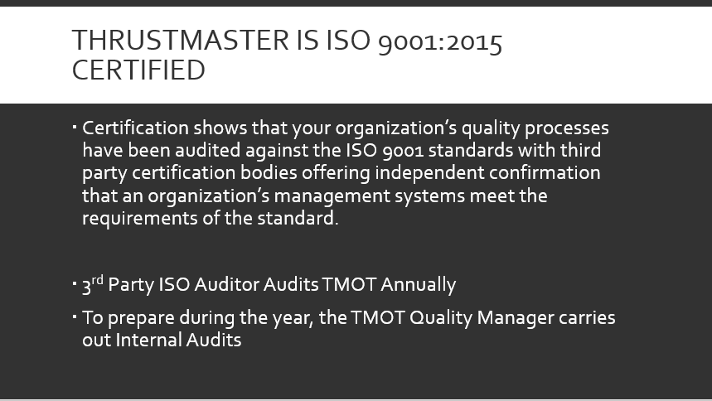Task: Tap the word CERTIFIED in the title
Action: [138, 70]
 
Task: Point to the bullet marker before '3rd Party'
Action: [75, 283]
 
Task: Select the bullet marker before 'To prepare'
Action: [75, 316]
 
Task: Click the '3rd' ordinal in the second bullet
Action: [92, 284]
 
